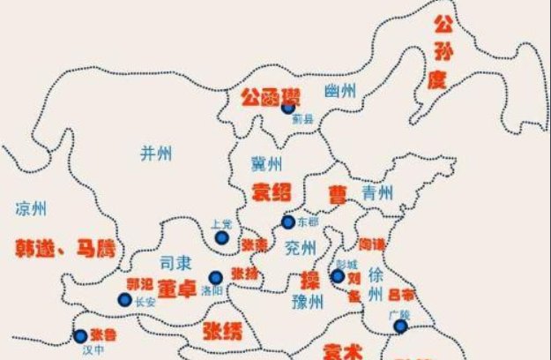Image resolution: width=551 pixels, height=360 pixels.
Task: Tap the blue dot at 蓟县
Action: click(287, 108)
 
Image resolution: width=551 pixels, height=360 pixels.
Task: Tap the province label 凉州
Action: click(31, 209)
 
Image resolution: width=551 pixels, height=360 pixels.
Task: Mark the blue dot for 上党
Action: click(221, 237)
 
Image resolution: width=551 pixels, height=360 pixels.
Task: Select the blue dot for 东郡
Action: click(288, 222)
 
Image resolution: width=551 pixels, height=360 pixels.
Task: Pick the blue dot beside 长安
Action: click(125, 299)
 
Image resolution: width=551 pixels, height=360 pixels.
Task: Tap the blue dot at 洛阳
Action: click(215, 278)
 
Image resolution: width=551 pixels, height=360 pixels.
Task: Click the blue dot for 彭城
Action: click(338, 276)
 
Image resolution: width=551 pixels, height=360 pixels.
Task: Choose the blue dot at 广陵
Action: click(400, 326)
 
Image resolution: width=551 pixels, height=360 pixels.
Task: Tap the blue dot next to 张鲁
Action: click(80, 335)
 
